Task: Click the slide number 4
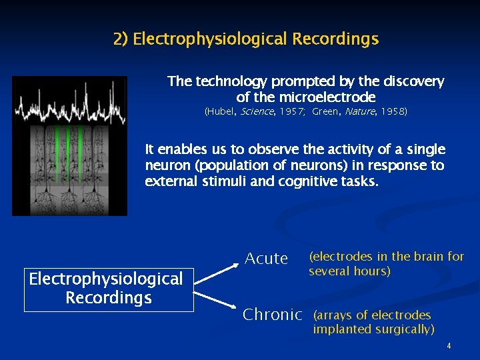(449, 345)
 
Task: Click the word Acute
(266, 258)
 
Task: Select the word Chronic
(272, 314)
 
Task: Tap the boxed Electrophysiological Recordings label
(109, 288)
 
